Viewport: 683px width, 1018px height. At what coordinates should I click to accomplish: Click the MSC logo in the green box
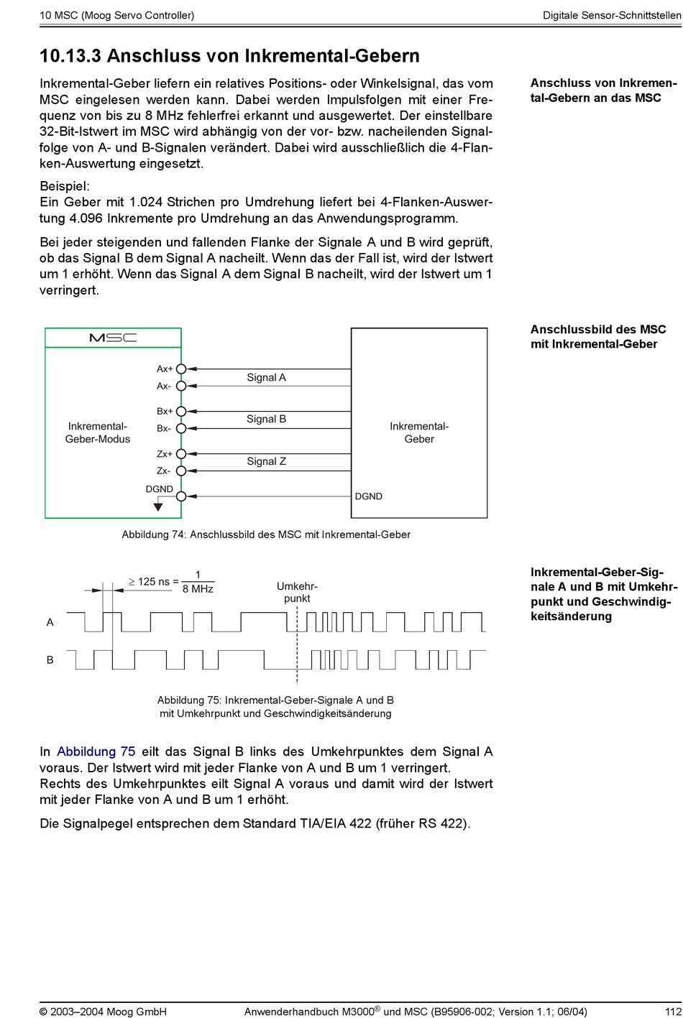[x=113, y=338]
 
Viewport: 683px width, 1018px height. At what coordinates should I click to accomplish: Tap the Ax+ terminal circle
[x=181, y=369]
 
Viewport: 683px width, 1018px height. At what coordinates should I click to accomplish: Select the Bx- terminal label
[x=164, y=428]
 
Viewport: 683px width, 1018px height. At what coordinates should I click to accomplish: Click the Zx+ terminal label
[x=165, y=454]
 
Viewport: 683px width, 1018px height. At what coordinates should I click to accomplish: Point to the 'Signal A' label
[x=266, y=377]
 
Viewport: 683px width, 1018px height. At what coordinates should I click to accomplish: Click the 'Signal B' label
[x=266, y=419]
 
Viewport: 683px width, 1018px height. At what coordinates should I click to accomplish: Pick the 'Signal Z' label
[x=266, y=461]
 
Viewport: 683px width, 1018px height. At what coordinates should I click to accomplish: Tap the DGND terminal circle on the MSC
[x=181, y=496]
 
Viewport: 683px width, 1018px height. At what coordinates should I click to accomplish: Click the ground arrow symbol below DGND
[x=158, y=507]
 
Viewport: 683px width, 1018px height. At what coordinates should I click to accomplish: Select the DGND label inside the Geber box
[x=368, y=496]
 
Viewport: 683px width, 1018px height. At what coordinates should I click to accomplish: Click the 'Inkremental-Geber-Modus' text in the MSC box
[x=98, y=432]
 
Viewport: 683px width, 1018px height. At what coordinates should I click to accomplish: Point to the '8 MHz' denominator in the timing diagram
[x=198, y=589]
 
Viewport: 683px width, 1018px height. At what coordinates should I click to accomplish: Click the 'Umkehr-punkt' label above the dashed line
[x=297, y=592]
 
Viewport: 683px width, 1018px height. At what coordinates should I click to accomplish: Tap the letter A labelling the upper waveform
[x=50, y=622]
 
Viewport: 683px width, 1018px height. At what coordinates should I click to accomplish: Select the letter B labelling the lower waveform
[x=50, y=660]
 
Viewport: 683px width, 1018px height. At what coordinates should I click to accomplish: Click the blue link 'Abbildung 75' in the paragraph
[x=96, y=751]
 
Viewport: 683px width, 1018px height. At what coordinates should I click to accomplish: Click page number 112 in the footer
[x=673, y=1012]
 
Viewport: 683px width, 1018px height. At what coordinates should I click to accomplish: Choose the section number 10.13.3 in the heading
[x=70, y=56]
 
